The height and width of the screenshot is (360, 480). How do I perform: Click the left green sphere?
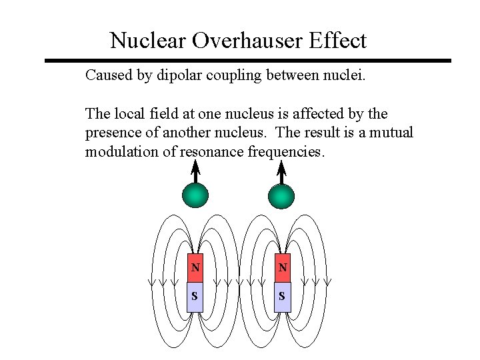tap(195, 195)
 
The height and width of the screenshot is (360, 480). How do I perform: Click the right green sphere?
tap(281, 195)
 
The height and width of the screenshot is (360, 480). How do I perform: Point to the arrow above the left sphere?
tap(195, 171)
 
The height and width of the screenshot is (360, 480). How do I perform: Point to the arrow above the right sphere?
tap(281, 171)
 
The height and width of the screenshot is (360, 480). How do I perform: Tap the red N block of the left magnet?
tap(195, 268)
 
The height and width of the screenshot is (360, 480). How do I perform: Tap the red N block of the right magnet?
tap(283, 268)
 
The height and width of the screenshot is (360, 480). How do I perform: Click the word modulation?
tap(122, 151)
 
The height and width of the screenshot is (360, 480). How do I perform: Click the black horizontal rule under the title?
tap(247, 61)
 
